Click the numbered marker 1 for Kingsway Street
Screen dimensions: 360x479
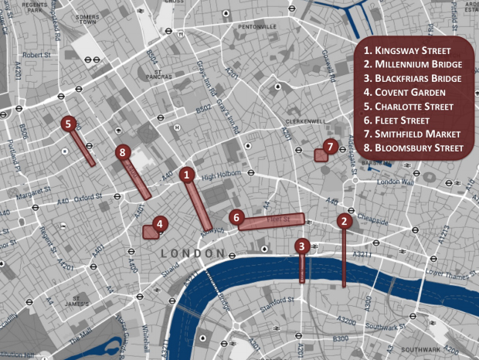186,175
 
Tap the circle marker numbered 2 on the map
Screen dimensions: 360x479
344,221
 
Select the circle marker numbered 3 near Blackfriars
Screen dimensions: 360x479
302,246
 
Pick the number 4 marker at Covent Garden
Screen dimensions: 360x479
158,225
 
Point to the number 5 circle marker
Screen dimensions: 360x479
69,123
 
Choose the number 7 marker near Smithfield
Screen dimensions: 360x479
330,146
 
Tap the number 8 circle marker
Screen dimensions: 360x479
122,153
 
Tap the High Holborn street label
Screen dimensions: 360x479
217,177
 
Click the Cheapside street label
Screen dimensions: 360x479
372,219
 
